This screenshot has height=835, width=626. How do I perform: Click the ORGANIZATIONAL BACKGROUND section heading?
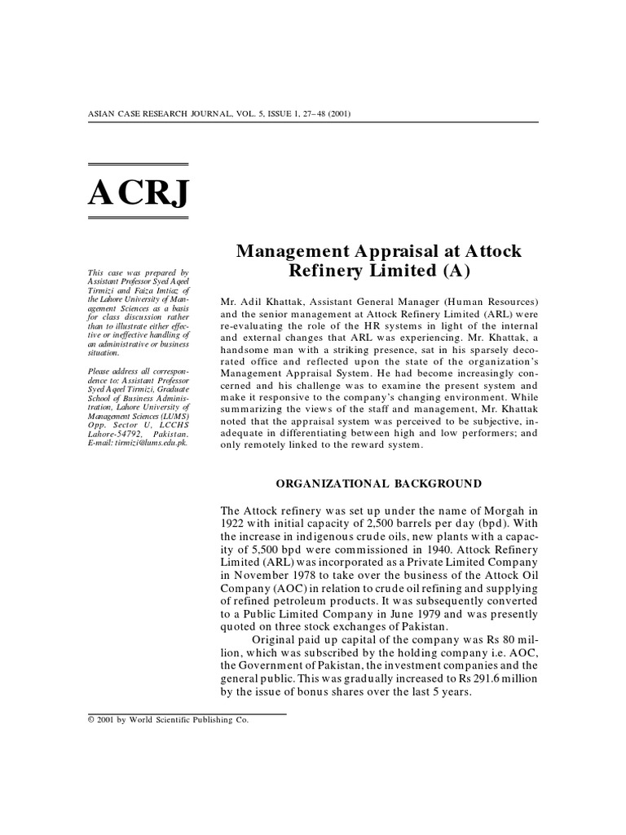[379, 484]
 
